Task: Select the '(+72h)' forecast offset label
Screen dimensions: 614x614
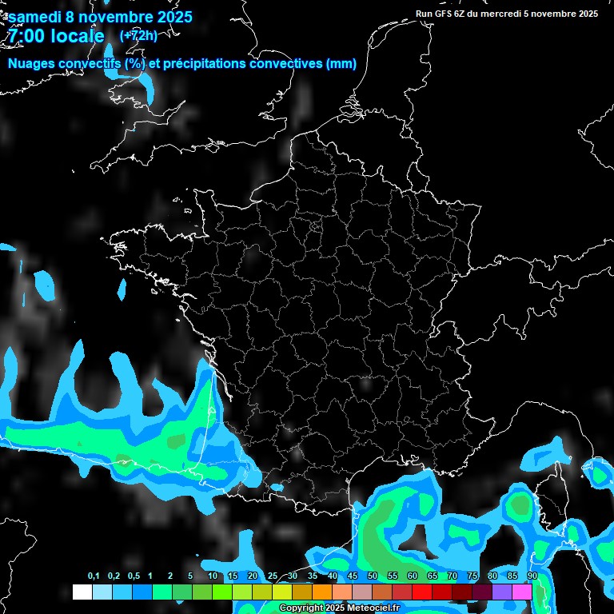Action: coord(138,35)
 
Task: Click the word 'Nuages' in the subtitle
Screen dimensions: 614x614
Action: coord(30,64)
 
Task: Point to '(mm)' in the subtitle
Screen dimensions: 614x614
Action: coord(341,64)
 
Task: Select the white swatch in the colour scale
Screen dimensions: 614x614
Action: coord(82,592)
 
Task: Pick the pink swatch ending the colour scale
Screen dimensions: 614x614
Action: coord(522,592)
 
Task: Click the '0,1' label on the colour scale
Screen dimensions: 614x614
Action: coord(94,577)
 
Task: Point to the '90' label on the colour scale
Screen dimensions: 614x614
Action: coord(532,577)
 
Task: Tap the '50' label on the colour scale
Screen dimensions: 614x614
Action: coord(373,577)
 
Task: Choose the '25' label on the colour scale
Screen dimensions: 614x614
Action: coord(273,577)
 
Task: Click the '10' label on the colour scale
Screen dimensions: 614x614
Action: coord(213,577)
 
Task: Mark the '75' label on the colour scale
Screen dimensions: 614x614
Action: coord(472,577)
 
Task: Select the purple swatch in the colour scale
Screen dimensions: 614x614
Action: coord(502,592)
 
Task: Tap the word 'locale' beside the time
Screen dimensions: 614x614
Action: coord(77,36)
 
